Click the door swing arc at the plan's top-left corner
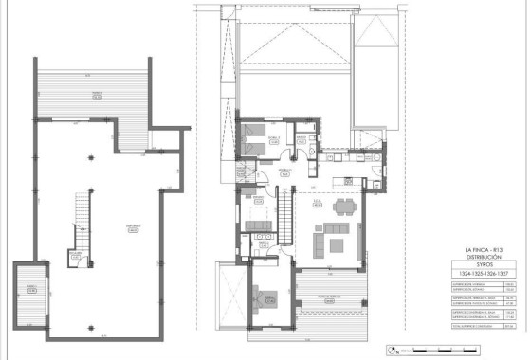coord(228,11)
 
